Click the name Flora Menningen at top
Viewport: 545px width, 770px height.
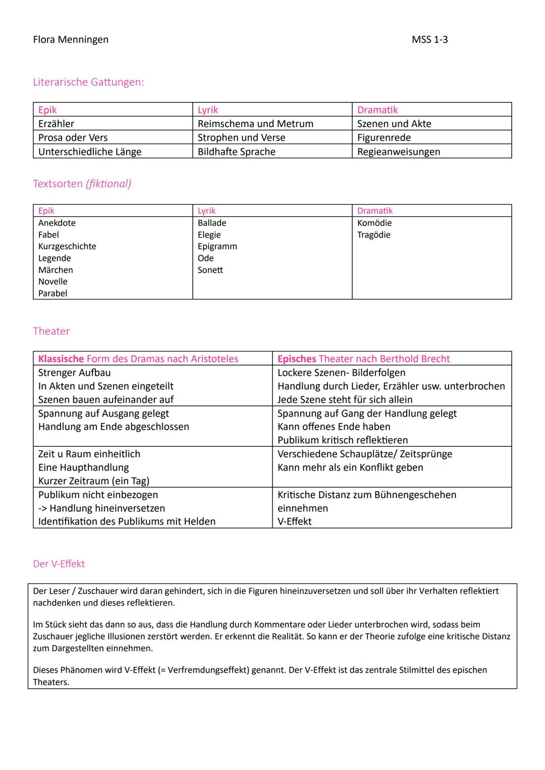[71, 39]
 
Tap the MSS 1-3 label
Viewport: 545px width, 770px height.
[429, 39]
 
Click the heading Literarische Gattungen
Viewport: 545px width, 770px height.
[88, 82]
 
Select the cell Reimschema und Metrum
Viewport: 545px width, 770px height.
[255, 124]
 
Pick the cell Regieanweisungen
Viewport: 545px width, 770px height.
[398, 152]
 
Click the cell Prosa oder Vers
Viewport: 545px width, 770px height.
[73, 138]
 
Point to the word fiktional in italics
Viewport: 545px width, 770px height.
[108, 184]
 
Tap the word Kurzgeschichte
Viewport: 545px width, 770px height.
[67, 247]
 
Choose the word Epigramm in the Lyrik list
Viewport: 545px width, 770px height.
[217, 247]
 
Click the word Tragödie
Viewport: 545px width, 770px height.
[373, 235]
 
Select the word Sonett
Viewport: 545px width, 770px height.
[210, 270]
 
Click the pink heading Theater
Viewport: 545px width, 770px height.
[51, 331]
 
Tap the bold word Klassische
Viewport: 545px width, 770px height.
[61, 359]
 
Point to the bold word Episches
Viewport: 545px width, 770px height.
[296, 359]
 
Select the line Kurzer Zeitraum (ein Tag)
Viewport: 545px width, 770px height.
[94, 481]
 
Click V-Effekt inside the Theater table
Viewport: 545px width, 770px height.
[294, 521]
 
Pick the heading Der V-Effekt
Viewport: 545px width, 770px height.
[59, 564]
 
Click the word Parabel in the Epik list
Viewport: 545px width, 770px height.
[52, 293]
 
